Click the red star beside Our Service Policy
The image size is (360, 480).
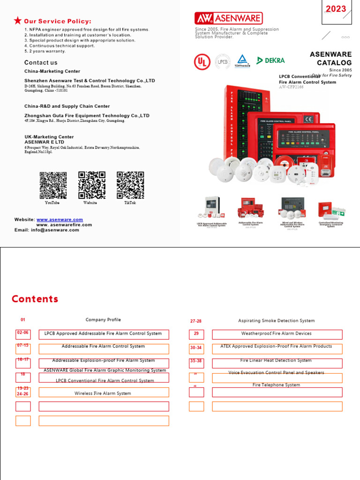(x=17, y=20)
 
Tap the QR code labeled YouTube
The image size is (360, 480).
(x=52, y=186)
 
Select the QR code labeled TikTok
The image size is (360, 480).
(x=130, y=186)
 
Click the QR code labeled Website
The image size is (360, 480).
(x=91, y=186)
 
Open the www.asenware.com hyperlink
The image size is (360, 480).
(x=60, y=219)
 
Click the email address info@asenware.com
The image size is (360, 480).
(x=55, y=230)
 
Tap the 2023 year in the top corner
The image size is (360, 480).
(x=336, y=9)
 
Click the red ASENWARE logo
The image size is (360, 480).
(x=229, y=18)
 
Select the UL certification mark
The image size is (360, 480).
(x=202, y=61)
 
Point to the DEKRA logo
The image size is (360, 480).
(x=270, y=60)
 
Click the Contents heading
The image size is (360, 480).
(x=35, y=299)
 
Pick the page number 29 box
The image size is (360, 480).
(x=196, y=334)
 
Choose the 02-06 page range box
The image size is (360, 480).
(x=23, y=333)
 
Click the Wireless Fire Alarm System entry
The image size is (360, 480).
(x=104, y=394)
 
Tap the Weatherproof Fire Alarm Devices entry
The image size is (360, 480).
(x=277, y=334)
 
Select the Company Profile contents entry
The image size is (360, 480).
(x=103, y=320)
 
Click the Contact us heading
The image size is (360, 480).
(x=41, y=63)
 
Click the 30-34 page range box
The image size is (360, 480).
(x=196, y=348)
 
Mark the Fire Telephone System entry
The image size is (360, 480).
(x=276, y=385)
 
